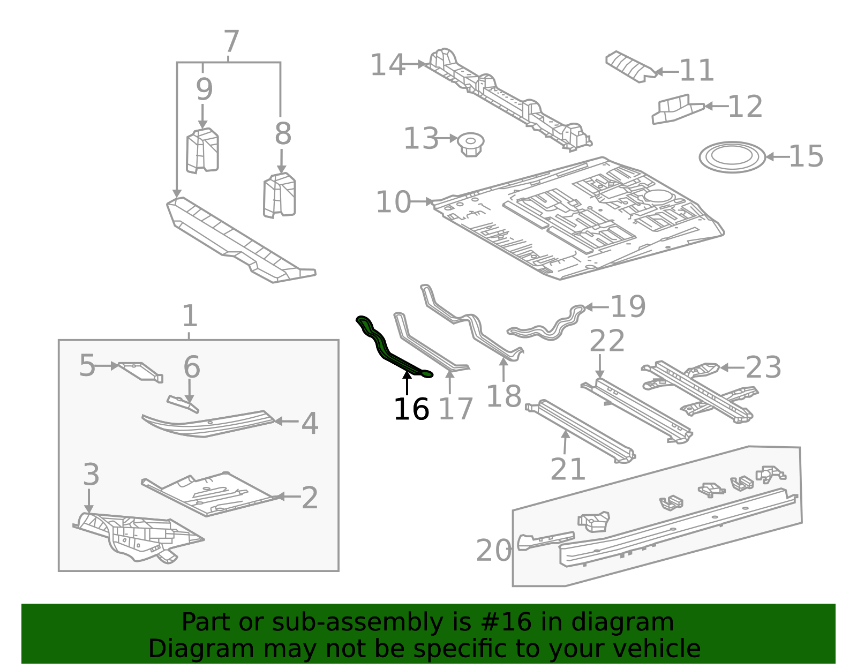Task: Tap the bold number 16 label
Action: point(411,410)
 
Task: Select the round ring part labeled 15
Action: point(732,157)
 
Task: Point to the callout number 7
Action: point(231,42)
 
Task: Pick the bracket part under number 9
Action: point(202,151)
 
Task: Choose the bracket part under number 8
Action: point(280,195)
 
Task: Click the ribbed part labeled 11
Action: point(630,66)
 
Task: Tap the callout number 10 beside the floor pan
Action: point(393,202)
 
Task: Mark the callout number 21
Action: point(568,470)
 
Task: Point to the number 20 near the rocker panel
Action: point(493,551)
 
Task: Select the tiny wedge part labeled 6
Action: point(183,404)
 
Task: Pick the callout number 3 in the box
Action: point(91,475)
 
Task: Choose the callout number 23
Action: point(763,367)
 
